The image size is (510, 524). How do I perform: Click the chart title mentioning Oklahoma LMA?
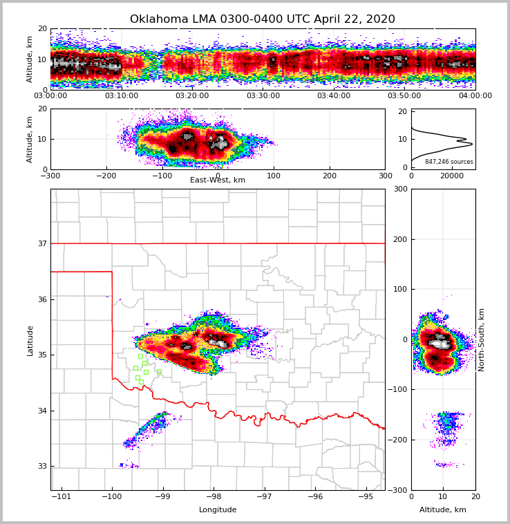tap(263, 19)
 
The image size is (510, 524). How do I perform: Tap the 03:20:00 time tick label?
tap(192, 96)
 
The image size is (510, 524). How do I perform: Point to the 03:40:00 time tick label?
tap(334, 96)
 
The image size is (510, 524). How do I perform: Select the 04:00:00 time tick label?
tap(475, 96)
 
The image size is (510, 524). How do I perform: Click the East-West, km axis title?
tap(218, 180)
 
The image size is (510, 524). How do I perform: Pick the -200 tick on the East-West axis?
tap(106, 176)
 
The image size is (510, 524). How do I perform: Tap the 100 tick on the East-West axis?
tap(274, 176)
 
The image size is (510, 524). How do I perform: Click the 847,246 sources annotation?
tap(449, 162)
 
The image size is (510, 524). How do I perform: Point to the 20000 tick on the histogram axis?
tap(452, 176)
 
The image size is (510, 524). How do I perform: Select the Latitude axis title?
tap(30, 340)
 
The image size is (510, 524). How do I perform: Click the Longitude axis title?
tap(218, 510)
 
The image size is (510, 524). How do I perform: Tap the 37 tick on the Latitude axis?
tap(41, 243)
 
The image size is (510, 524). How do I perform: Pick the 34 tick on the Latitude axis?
tap(41, 411)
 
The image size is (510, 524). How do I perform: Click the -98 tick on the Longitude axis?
tap(214, 496)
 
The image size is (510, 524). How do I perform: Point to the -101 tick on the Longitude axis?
tap(62, 496)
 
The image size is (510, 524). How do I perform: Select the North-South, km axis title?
tap(482, 339)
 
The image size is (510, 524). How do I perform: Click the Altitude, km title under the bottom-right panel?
tap(443, 510)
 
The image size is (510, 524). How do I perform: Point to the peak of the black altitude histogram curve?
tap(472, 144)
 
